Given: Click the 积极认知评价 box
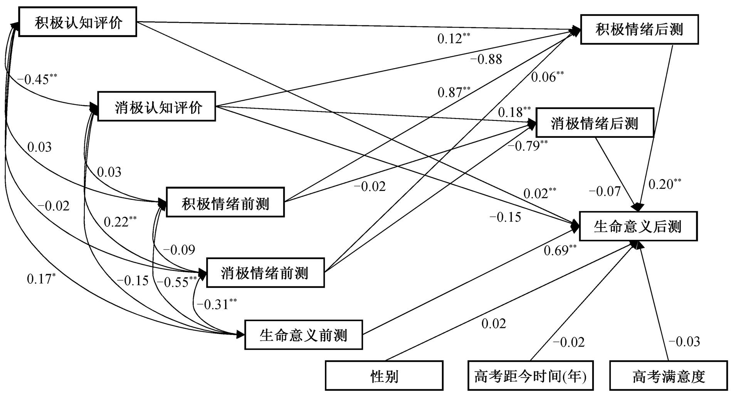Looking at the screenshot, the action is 78,22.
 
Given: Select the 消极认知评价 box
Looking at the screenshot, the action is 156,106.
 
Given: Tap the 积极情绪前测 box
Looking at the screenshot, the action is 225,202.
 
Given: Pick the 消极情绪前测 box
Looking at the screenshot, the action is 266,273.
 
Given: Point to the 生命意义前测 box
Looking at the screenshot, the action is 304,335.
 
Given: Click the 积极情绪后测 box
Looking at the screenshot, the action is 640,30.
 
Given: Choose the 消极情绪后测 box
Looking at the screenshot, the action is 595,122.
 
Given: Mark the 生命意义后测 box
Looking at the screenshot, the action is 639,226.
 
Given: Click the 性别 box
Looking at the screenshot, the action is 384,375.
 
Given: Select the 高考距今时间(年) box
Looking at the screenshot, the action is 531,375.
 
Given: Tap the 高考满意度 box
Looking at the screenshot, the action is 669,375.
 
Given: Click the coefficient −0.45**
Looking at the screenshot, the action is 37,79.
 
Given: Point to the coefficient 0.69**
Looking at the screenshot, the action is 560,250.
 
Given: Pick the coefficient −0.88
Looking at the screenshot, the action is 486,59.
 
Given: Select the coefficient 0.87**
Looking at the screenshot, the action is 454,92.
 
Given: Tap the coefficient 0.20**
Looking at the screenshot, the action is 665,184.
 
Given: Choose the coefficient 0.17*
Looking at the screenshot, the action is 41,278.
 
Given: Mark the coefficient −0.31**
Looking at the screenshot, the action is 217,304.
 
